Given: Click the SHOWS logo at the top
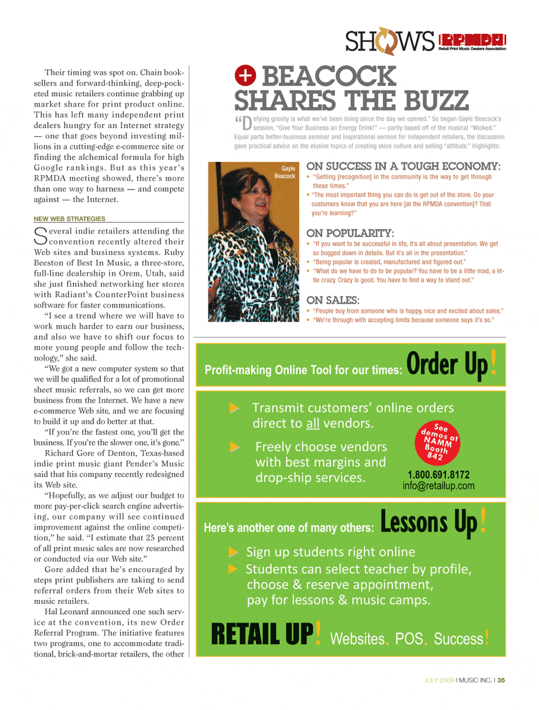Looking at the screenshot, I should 389,41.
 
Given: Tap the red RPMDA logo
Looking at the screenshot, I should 472,40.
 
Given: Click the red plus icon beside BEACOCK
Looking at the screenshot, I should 245,75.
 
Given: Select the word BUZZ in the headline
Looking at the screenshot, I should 437,101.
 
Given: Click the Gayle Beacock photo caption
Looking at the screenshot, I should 285,172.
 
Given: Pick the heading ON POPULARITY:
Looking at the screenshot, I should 350,233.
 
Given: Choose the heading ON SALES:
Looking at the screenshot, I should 333,300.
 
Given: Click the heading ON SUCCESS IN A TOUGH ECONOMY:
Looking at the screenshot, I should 403,166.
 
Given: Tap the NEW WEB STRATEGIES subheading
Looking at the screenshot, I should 70,219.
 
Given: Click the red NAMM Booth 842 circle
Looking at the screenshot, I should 437,442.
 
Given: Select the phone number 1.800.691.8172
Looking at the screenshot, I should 438,475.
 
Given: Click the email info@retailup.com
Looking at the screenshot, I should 438,486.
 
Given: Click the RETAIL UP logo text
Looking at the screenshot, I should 262,634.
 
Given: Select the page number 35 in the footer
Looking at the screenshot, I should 501,680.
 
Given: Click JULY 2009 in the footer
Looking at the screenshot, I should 439,680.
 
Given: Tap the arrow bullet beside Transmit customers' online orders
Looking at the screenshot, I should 234,408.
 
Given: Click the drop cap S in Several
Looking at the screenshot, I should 40,235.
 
